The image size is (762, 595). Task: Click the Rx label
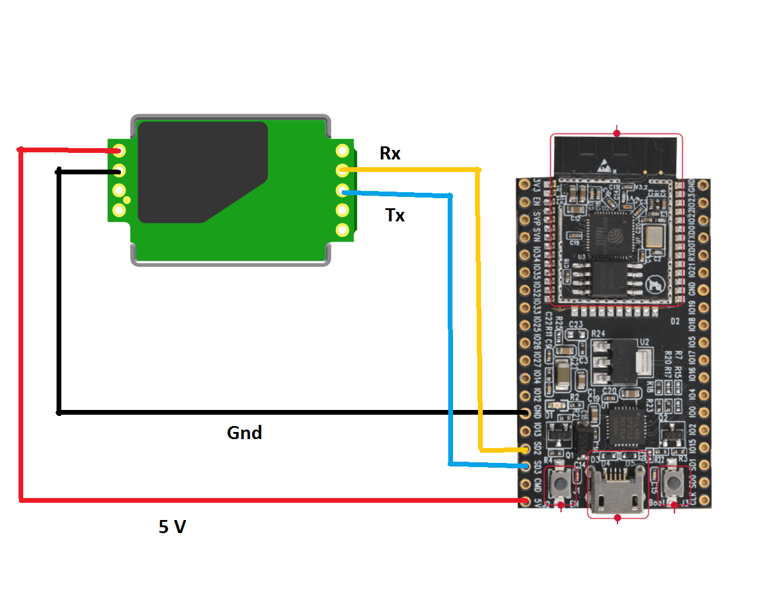point(390,154)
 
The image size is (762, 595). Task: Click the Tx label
point(395,215)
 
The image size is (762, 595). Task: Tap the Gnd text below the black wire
point(244,433)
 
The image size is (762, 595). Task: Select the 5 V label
point(172,527)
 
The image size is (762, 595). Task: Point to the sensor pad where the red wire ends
point(119,151)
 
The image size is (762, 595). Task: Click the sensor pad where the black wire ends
point(119,171)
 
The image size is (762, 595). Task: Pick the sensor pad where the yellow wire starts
point(342,170)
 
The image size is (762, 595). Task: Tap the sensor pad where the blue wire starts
point(342,190)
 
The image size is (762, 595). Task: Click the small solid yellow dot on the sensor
point(127,200)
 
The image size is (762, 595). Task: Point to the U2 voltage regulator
point(622,361)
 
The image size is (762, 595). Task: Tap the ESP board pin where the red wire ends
point(524,501)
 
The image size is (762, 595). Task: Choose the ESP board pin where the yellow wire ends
point(524,449)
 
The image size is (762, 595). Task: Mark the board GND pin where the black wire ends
point(524,412)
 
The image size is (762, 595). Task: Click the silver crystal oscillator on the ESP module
point(652,236)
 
